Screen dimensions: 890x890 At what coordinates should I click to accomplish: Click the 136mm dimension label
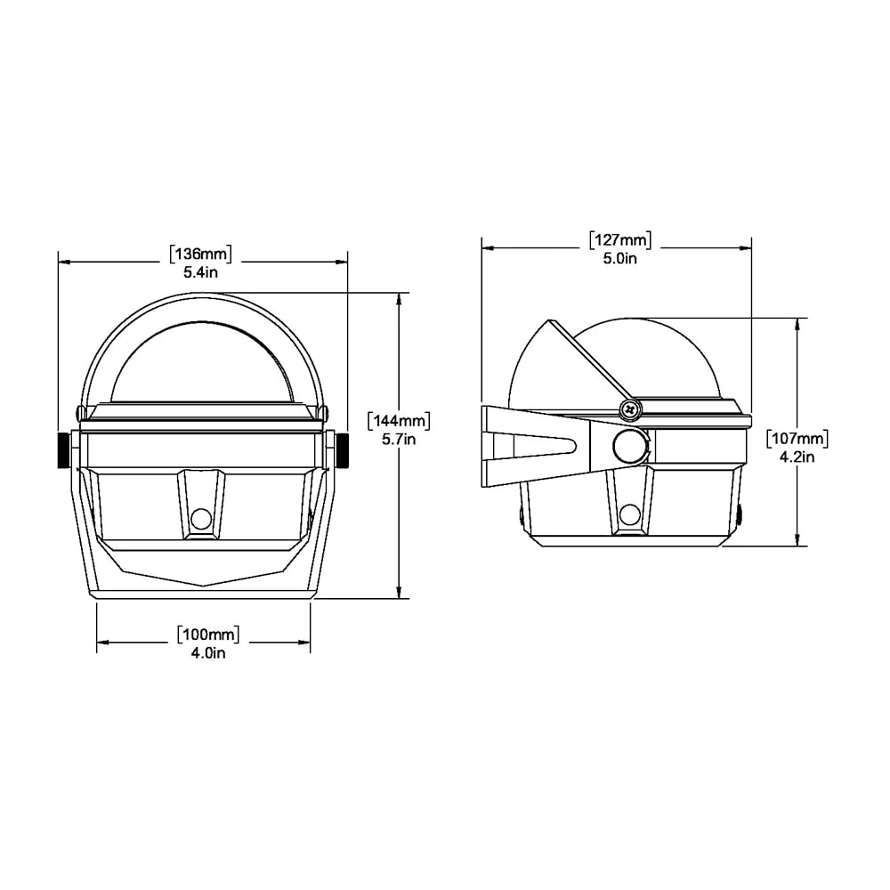tap(201, 255)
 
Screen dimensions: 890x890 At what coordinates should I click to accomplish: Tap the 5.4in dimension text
tap(201, 272)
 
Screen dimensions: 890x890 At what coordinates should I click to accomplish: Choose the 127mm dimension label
tap(619, 240)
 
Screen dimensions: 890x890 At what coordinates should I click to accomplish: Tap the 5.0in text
tap(619, 258)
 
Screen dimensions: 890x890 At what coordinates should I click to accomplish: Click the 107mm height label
tap(797, 439)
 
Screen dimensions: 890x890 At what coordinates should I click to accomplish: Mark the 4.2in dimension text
tap(797, 457)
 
